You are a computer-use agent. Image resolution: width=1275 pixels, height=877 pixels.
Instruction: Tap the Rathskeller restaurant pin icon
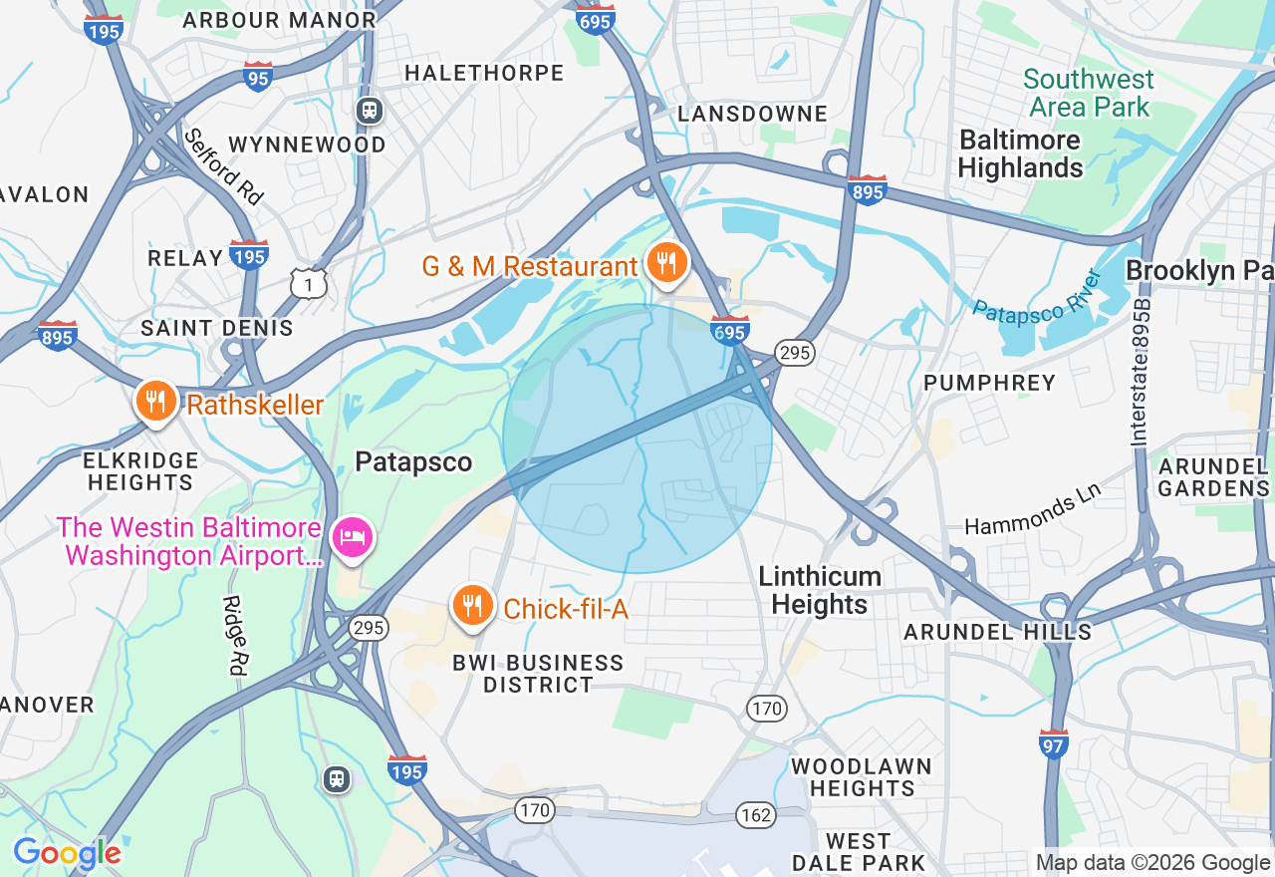(x=154, y=402)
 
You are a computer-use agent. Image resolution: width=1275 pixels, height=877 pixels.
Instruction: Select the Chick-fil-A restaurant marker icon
(x=473, y=605)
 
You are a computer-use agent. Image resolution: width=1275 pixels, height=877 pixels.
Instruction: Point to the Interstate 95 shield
(x=257, y=77)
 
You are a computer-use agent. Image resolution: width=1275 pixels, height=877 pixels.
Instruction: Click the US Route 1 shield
(x=309, y=285)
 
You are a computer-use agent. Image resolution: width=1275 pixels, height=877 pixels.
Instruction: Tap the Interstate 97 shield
(x=1054, y=743)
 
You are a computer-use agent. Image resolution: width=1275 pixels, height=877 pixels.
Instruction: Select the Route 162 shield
(x=756, y=815)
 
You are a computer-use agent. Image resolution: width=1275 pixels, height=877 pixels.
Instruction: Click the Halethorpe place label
(x=484, y=73)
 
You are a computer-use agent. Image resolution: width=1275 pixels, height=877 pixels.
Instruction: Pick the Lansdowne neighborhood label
(x=752, y=114)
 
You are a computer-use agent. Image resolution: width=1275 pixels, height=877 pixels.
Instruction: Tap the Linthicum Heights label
(x=819, y=590)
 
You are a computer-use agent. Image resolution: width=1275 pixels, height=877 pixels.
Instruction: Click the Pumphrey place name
(x=989, y=383)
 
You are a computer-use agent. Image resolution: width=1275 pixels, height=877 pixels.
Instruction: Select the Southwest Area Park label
(x=1089, y=93)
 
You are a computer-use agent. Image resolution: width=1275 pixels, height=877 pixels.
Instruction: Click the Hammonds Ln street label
(x=1032, y=509)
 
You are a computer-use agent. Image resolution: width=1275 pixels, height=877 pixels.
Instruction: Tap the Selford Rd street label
(x=224, y=166)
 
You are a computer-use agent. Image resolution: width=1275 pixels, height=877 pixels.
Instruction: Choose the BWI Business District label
(x=538, y=674)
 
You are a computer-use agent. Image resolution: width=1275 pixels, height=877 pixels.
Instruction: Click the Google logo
(x=67, y=853)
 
